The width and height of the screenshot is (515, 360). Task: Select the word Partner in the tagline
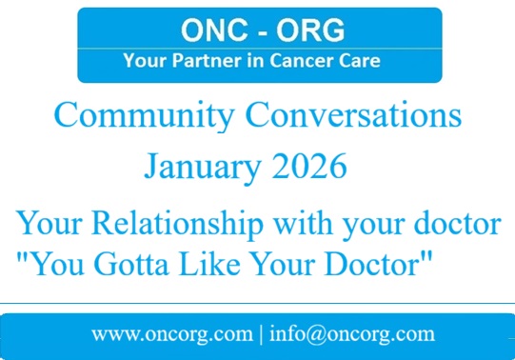[x=198, y=62]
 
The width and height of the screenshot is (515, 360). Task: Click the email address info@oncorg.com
[x=352, y=334]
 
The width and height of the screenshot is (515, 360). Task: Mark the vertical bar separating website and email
[x=261, y=335]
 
